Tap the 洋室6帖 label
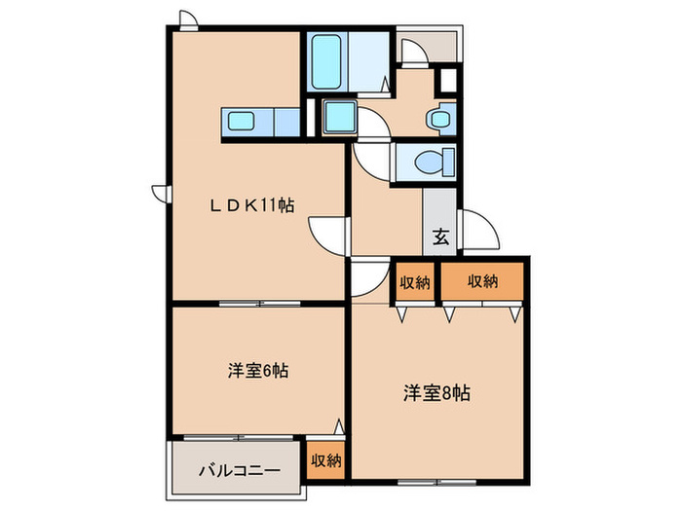coord(257,371)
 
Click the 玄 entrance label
coord(439,235)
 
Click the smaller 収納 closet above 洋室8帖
coord(414,283)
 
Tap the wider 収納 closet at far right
coord(482,282)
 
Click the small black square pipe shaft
coord(448,81)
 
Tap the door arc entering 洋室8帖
coord(368,278)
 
